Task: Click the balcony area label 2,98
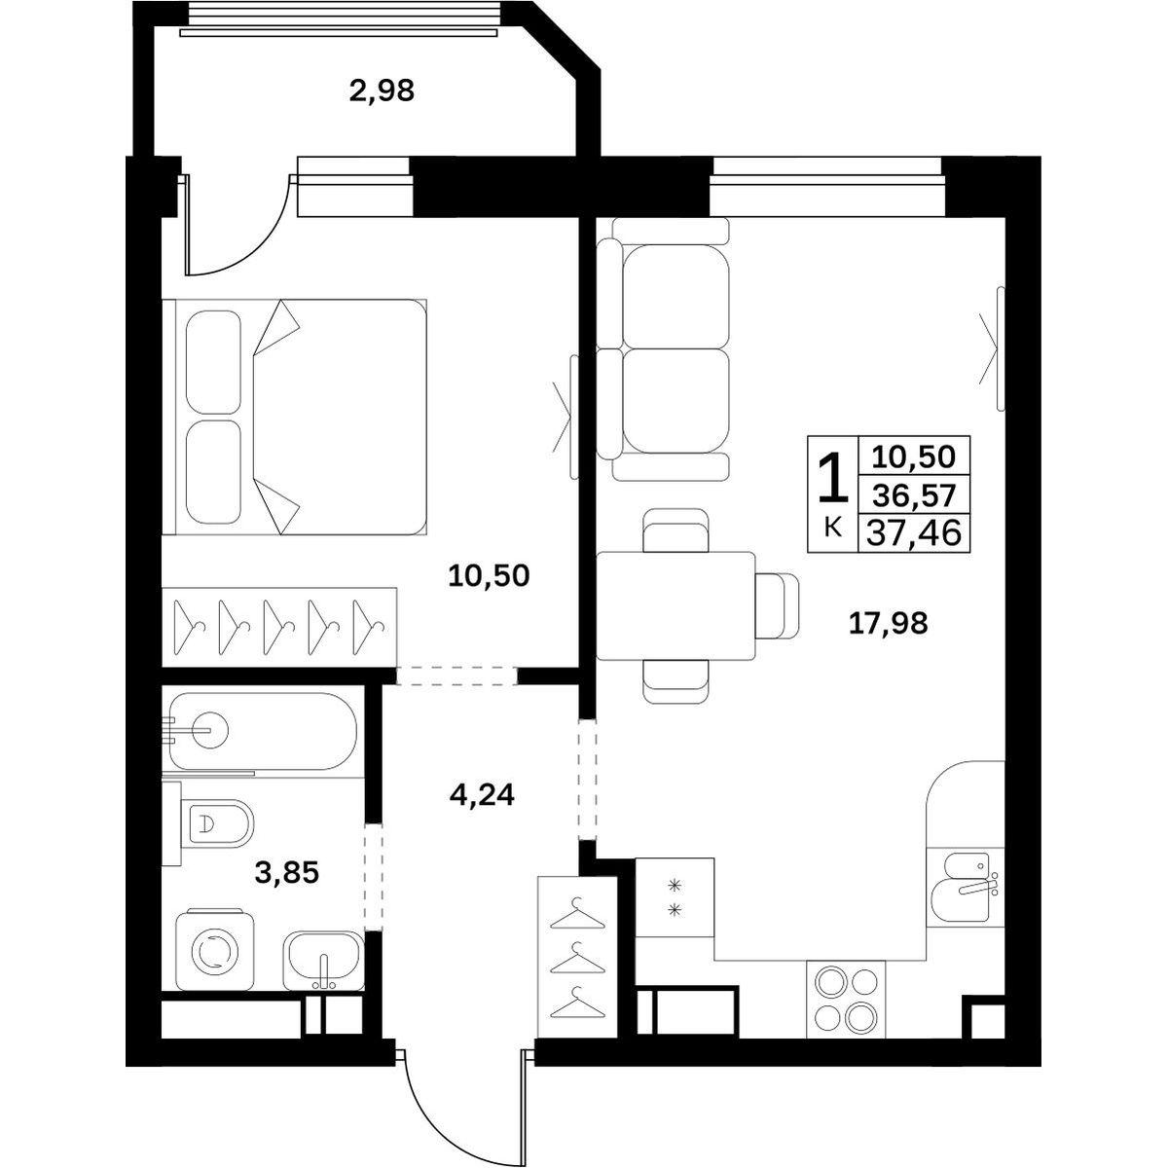(x=382, y=91)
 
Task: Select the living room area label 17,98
(x=888, y=623)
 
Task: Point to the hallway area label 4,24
(x=482, y=794)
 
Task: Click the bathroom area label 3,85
(x=286, y=873)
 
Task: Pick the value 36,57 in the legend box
(x=914, y=497)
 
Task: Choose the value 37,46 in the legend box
(x=914, y=533)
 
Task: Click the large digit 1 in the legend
(x=833, y=480)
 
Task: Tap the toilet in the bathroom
(x=208, y=823)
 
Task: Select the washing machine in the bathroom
(x=214, y=951)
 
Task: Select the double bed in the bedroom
(x=295, y=417)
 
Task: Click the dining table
(x=675, y=605)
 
